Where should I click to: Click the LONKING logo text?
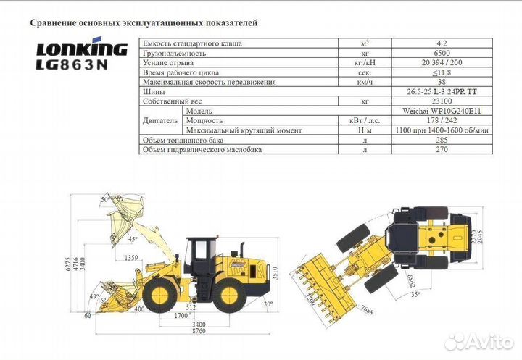click(82, 50)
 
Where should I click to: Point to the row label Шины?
click(152, 92)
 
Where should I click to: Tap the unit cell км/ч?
click(365, 82)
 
